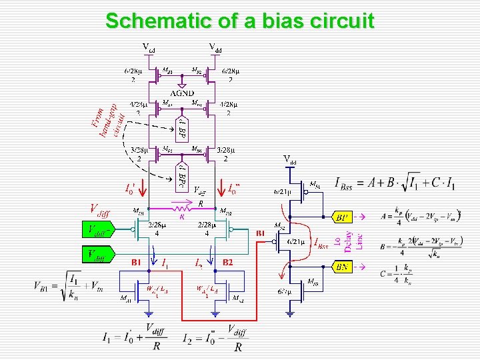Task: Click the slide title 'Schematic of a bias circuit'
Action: pyautogui.click(x=240, y=21)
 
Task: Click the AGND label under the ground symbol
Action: pyautogui.click(x=183, y=93)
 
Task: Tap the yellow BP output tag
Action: pyautogui.click(x=342, y=217)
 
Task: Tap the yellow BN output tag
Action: pyautogui.click(x=342, y=267)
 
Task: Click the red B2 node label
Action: pyautogui.click(x=228, y=262)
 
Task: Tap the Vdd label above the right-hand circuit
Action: pyautogui.click(x=290, y=160)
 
